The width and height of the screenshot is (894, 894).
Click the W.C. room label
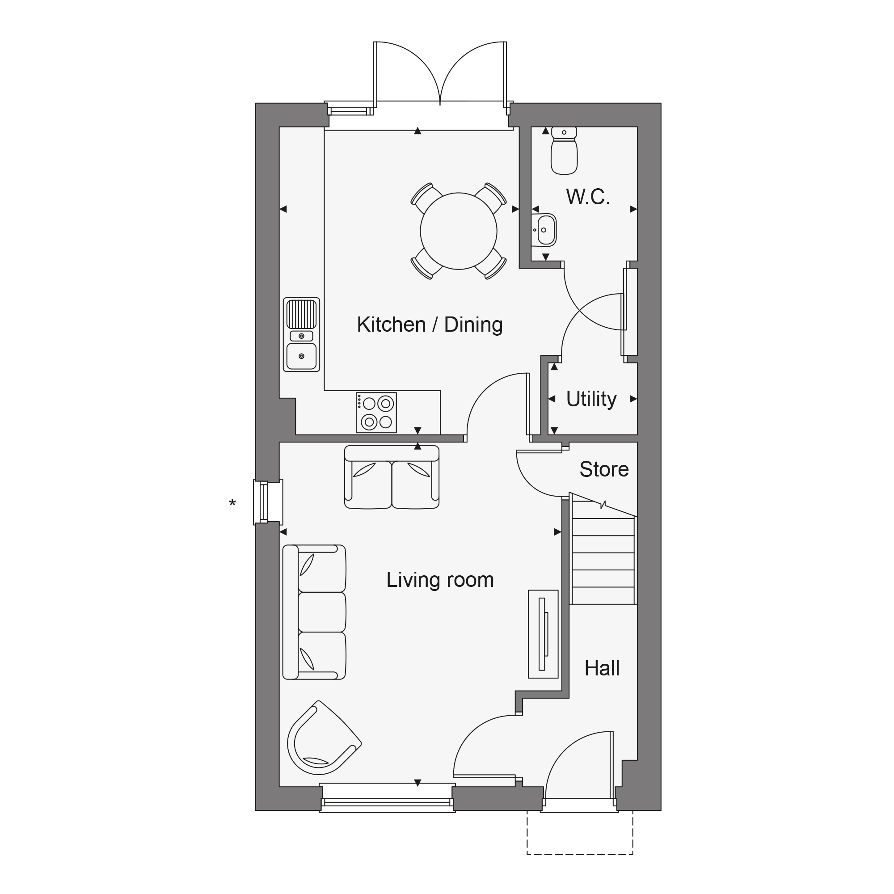(x=588, y=197)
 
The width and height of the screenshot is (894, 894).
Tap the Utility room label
(x=591, y=399)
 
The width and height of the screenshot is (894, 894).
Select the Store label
(x=604, y=469)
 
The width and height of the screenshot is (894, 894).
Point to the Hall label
(x=602, y=668)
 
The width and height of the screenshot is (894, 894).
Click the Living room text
(x=440, y=580)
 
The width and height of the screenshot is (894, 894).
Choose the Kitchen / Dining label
(x=430, y=325)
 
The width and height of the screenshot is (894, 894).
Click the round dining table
(x=459, y=231)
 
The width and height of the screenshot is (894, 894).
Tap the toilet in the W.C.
(x=564, y=151)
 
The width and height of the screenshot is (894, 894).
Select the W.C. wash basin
(x=544, y=230)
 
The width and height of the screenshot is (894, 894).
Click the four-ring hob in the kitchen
(x=376, y=413)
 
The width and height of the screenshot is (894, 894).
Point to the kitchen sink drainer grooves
(x=301, y=314)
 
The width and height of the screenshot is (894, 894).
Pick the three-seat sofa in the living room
(x=314, y=612)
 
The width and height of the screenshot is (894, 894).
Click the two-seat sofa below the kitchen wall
(x=392, y=477)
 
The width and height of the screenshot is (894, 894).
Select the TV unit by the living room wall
(x=543, y=634)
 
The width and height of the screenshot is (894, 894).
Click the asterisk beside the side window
(x=232, y=502)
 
